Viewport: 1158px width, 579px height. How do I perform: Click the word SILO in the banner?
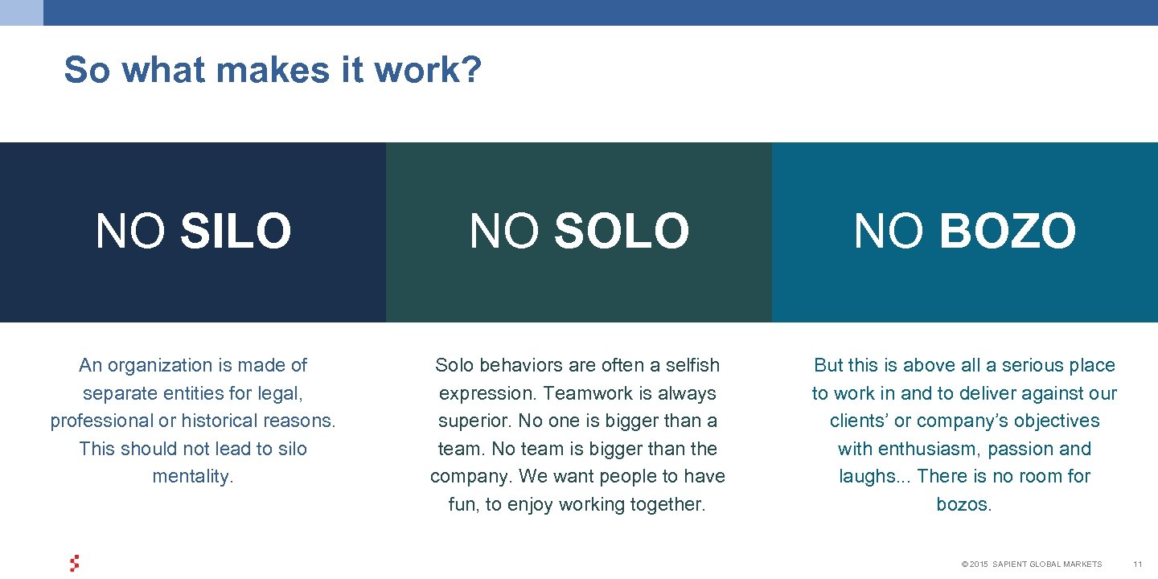pos(236,232)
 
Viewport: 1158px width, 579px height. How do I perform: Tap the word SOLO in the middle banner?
pos(621,232)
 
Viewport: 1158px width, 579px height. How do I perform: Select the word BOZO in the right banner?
pos(1007,232)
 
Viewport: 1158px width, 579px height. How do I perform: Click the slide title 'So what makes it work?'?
pos(273,70)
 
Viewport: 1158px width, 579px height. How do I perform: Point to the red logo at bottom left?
pos(75,564)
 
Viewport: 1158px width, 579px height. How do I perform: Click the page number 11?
pos(1137,565)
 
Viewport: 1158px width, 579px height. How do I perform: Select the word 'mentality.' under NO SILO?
pos(193,477)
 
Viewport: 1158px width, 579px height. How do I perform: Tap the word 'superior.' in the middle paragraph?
pos(474,421)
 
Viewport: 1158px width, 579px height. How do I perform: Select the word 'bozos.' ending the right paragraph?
pos(964,505)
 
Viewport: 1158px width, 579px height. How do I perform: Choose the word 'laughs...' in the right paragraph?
pos(874,477)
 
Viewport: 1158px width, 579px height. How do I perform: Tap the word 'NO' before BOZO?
pos(889,232)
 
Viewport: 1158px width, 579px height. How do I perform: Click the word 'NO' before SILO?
pos(131,232)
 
